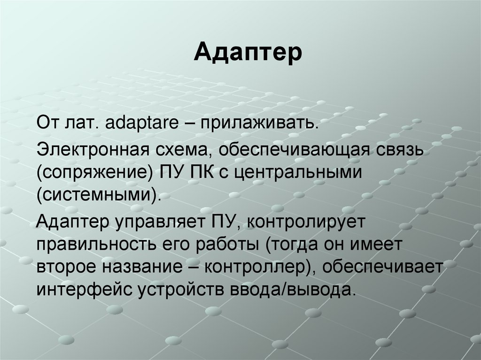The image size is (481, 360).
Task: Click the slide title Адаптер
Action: [248, 52]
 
